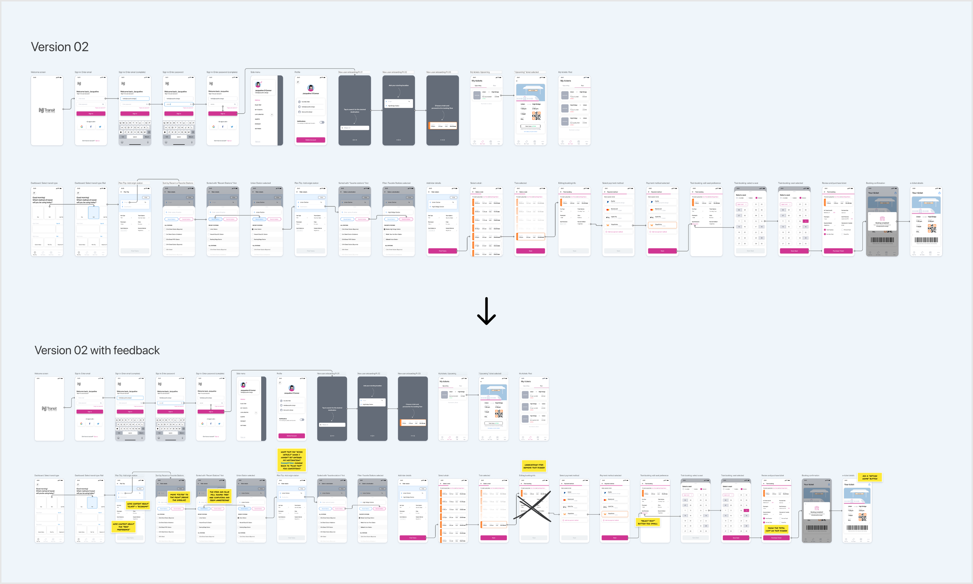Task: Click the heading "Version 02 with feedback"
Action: point(97,350)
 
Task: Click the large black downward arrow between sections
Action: point(486,311)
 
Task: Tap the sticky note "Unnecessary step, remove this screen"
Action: point(534,466)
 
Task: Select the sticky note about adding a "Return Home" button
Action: point(869,477)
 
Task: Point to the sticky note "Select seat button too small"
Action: point(648,522)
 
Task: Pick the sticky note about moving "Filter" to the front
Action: point(179,497)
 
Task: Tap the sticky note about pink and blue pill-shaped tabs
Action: point(219,496)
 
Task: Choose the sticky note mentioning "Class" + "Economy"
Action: point(138,505)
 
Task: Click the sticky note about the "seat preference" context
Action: point(123,526)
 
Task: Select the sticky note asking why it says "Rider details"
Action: point(292,460)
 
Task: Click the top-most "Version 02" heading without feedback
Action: point(60,47)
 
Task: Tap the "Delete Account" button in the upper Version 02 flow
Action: point(310,140)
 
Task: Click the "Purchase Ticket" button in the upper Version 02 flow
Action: point(838,251)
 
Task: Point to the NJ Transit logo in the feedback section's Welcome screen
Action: point(49,408)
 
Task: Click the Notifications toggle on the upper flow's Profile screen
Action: point(322,122)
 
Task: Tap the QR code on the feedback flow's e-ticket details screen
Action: point(862,517)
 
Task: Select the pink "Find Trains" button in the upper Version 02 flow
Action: point(442,251)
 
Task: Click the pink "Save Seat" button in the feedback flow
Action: point(736,538)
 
